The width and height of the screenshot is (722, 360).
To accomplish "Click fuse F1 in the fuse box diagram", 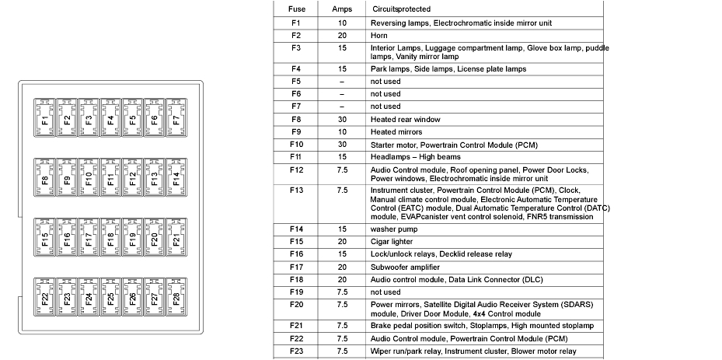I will [x=45, y=120].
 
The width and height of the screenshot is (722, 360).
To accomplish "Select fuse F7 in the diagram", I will [x=176, y=120].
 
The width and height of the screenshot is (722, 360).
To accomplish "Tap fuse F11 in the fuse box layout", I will [x=111, y=180].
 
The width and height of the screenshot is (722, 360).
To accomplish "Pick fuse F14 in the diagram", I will [x=176, y=180].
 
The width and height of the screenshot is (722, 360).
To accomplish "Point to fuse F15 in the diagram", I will [x=45, y=239].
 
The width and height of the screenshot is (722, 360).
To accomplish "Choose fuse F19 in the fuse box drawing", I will [x=133, y=239].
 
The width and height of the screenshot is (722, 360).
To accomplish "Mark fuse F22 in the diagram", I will [x=45, y=299].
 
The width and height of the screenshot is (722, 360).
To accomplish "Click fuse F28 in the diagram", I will [x=176, y=299].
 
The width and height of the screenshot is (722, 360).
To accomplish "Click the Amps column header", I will [x=342, y=9].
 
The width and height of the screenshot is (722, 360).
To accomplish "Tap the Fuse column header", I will [x=296, y=9].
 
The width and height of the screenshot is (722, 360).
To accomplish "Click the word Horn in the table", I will [x=379, y=35].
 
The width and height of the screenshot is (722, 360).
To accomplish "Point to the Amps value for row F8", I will [x=342, y=120].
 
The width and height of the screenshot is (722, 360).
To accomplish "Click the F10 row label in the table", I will [x=296, y=145].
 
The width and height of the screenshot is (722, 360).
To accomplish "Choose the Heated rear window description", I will [x=405, y=120].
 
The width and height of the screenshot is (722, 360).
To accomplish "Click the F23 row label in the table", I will [x=296, y=351].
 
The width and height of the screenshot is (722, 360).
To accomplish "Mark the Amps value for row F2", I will [x=342, y=35].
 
